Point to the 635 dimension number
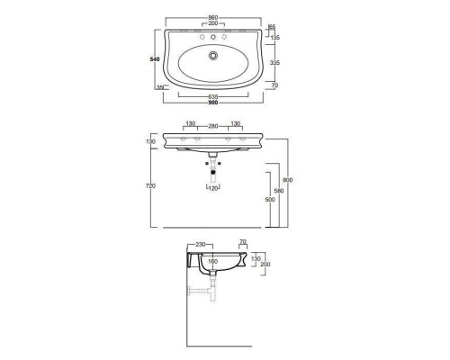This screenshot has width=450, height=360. pyautogui.click(x=213, y=96)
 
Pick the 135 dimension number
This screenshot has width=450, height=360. pyautogui.click(x=276, y=39)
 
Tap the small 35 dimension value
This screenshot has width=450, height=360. pyautogui.click(x=160, y=86)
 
